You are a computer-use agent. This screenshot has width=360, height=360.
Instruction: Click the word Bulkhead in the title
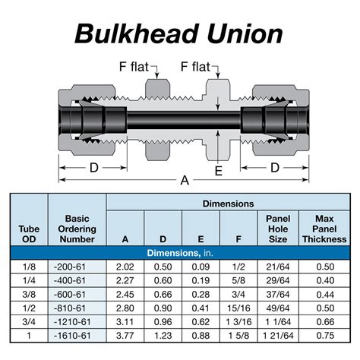[x=141, y=34]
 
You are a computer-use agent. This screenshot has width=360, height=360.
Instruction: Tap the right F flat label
[x=201, y=68]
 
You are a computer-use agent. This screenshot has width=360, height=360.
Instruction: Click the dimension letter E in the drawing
[x=219, y=171]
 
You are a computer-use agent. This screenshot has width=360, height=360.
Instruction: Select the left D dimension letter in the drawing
[x=95, y=166]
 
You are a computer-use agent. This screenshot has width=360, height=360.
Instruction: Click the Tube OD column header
[x=28, y=232]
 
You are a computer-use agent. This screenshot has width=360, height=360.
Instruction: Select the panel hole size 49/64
[x=278, y=308]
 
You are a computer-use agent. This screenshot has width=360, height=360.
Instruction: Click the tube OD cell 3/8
[x=28, y=295]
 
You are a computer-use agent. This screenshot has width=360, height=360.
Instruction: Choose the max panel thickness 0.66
[x=324, y=322]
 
